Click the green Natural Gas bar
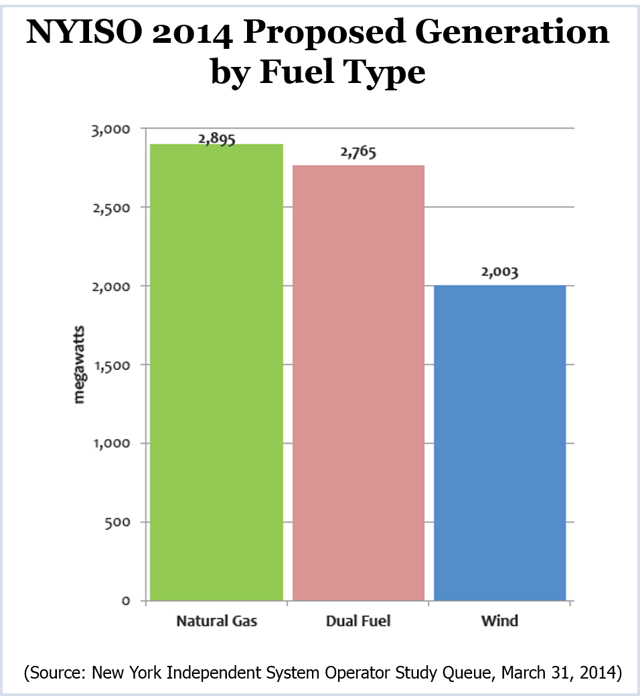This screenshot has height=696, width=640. tap(216, 372)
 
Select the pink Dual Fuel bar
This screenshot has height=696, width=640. tap(359, 383)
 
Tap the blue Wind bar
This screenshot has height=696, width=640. tap(500, 443)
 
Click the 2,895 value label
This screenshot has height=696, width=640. tap(217, 138)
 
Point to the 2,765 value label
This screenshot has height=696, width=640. tap(358, 153)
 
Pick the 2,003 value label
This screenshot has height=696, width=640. tap(500, 272)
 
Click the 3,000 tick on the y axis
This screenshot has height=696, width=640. tap(111, 129)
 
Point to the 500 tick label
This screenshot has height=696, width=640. tap(118, 522)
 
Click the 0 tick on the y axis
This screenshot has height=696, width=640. tap(126, 601)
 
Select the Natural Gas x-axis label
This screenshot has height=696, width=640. tap(216, 621)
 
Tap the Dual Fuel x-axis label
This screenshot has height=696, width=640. tap(358, 621)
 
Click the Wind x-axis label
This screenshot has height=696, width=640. tap(499, 621)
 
